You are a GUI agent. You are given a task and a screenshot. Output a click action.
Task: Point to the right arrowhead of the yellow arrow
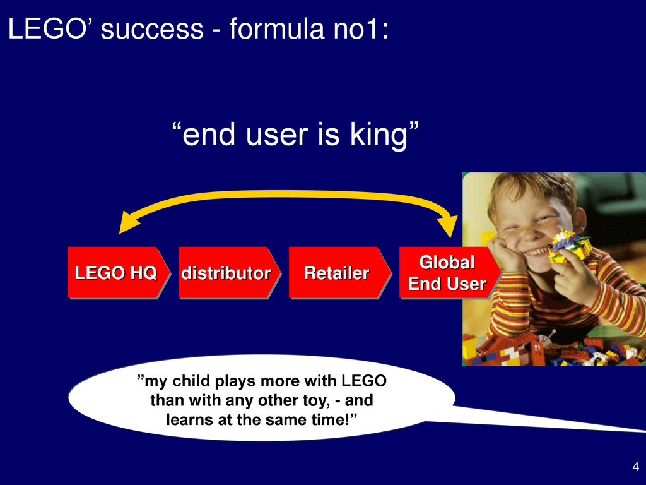[449, 226]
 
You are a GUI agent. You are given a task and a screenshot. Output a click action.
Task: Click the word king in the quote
[379, 135]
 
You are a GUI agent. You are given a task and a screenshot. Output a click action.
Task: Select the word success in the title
[152, 29]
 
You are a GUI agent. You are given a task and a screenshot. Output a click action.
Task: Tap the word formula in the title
[277, 28]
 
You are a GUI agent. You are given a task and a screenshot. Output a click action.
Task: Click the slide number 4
[636, 467]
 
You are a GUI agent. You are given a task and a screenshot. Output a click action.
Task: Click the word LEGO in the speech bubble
[364, 381]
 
